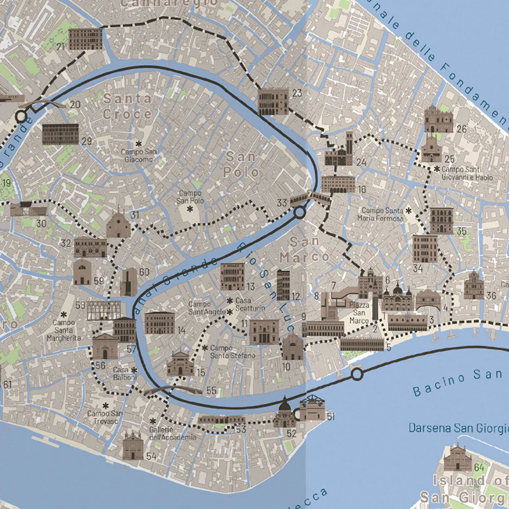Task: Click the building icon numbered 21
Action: click(85, 39)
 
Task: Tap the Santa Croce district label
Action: click(127, 106)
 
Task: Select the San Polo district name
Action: click(242, 164)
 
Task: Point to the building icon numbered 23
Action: click(273, 102)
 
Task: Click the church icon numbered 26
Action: click(439, 119)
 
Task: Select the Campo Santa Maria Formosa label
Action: click(382, 214)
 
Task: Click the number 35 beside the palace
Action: click(461, 230)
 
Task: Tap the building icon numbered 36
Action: click(473, 285)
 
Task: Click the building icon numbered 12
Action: click(283, 285)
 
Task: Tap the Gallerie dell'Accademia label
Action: click(172, 433)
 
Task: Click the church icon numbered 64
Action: click(458, 458)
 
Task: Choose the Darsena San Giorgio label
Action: click(458, 428)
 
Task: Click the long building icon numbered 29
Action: click(60, 134)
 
